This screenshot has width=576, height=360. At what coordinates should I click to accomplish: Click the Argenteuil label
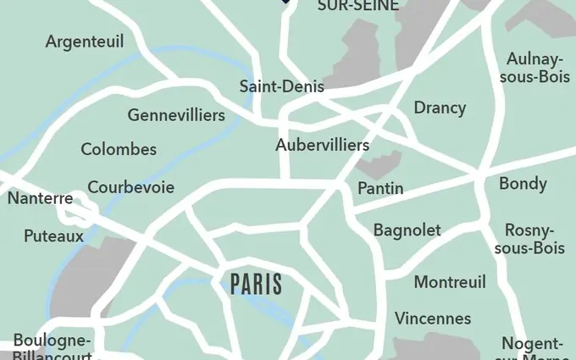pyautogui.click(x=85, y=42)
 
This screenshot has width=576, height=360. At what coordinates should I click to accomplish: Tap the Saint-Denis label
pyautogui.click(x=282, y=86)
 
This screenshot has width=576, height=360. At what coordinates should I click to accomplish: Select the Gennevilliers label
pyautogui.click(x=176, y=115)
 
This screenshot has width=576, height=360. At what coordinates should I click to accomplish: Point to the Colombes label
pyautogui.click(x=119, y=149)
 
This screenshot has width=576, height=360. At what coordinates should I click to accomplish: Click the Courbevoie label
pyautogui.click(x=131, y=187)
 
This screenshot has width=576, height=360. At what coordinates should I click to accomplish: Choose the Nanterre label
pyautogui.click(x=40, y=199)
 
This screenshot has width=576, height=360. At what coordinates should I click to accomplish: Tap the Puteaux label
pyautogui.click(x=53, y=235)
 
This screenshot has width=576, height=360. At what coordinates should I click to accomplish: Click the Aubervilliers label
pyautogui.click(x=322, y=145)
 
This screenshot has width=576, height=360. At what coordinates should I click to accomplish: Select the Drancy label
pyautogui.click(x=440, y=108)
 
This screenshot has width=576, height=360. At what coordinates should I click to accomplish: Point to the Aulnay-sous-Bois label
pyautogui.click(x=534, y=68)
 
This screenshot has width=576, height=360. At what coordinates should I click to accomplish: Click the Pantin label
pyautogui.click(x=380, y=188)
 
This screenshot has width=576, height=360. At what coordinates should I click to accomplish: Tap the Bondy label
pyautogui.click(x=523, y=184)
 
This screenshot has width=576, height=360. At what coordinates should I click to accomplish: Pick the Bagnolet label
pyautogui.click(x=407, y=230)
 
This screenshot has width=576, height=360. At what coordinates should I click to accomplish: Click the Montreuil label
pyautogui.click(x=450, y=282)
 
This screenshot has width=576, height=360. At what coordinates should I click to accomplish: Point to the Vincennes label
pyautogui.click(x=433, y=318)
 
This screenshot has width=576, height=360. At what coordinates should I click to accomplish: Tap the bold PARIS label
pyautogui.click(x=256, y=285)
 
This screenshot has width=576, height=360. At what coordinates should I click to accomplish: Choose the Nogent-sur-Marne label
pyautogui.click(x=533, y=349)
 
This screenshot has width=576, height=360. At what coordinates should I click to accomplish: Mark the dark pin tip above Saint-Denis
pyautogui.click(x=285, y=3)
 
